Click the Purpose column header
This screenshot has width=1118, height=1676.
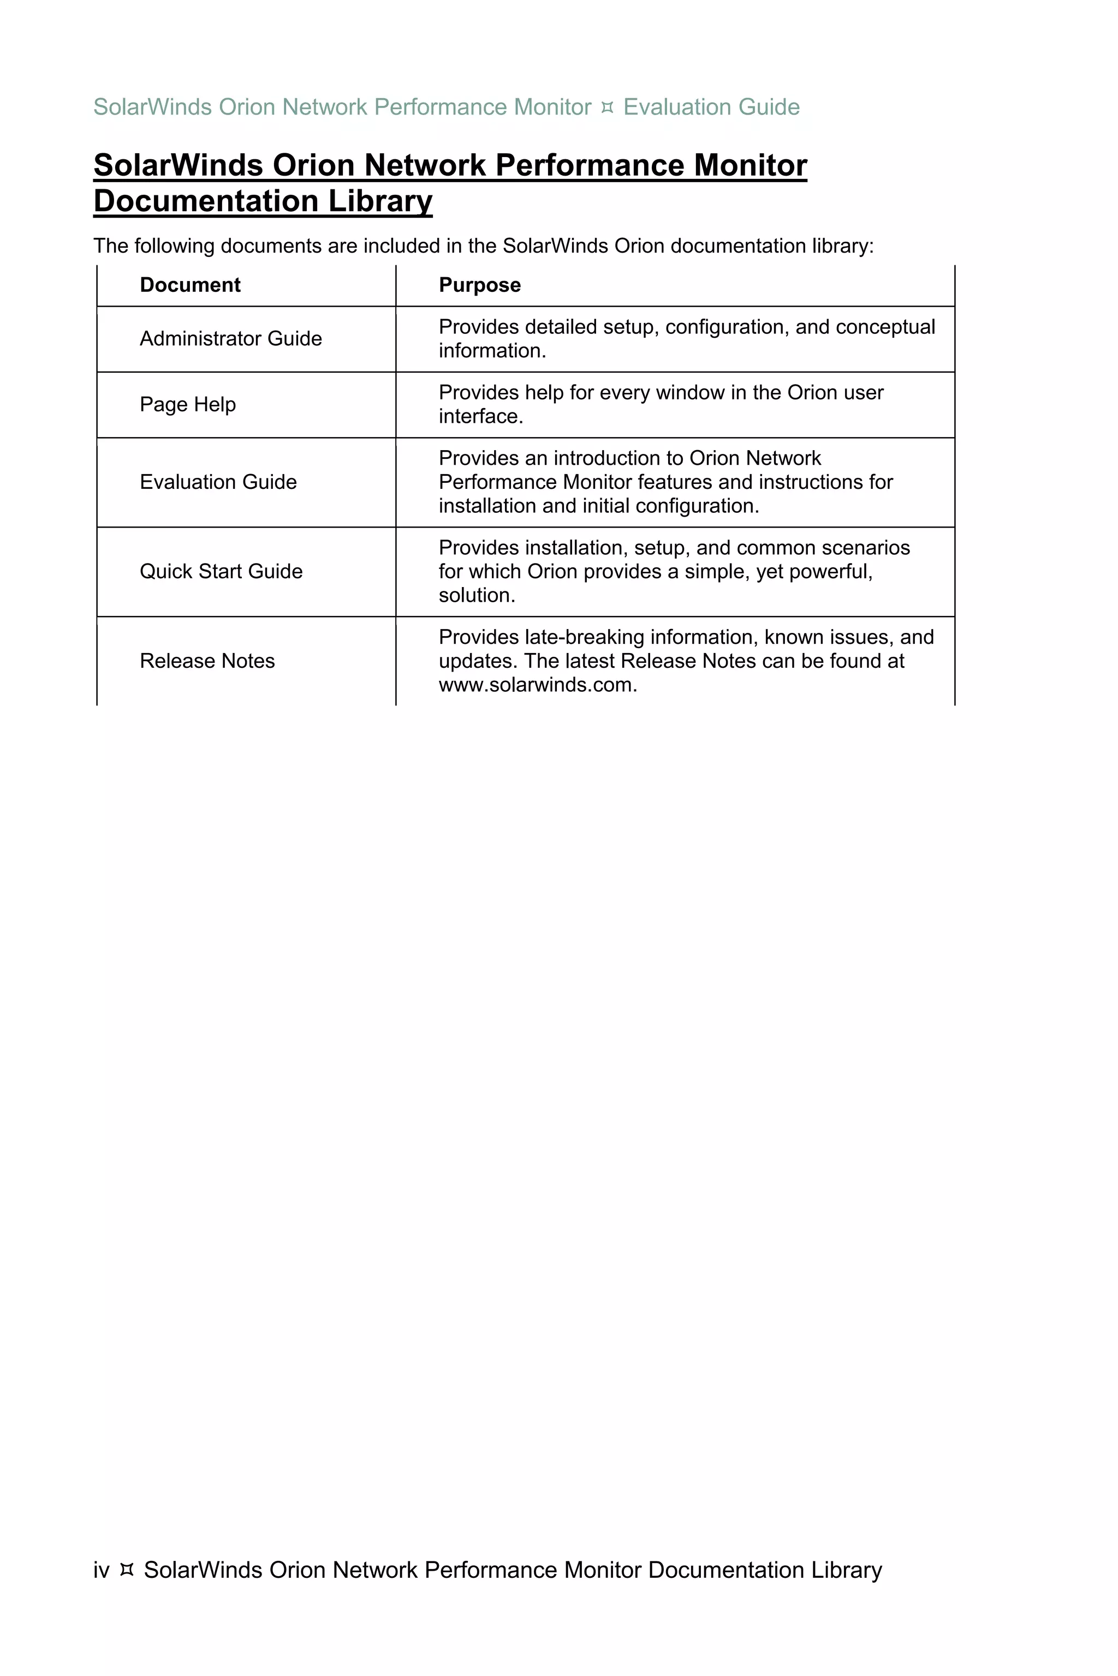479,285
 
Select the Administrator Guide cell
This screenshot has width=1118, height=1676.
230,338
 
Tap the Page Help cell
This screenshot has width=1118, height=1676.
188,404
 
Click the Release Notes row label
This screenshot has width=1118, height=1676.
207,661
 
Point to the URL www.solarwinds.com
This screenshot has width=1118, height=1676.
537,685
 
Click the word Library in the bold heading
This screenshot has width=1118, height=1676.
380,201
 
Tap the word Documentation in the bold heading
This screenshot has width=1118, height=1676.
205,201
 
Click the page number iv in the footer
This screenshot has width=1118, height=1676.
101,1570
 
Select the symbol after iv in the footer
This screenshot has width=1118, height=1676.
127,1570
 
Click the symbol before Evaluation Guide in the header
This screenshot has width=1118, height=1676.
608,107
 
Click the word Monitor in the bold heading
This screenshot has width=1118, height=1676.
750,165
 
